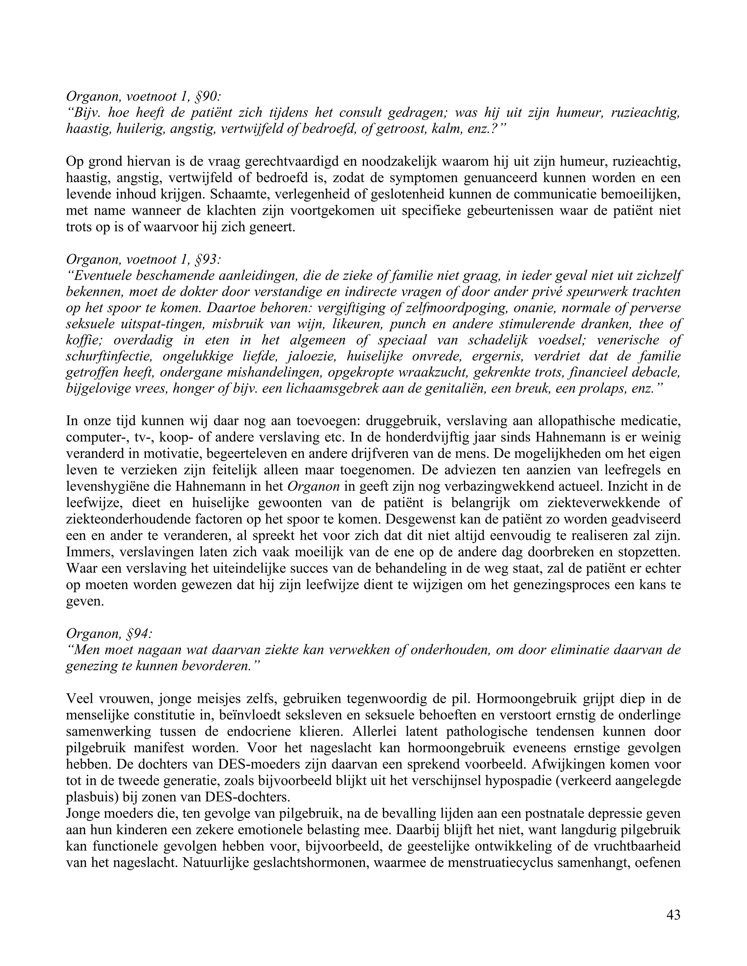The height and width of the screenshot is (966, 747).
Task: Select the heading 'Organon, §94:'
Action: [109, 634]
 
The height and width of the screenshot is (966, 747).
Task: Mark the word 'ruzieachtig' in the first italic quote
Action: [645, 113]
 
